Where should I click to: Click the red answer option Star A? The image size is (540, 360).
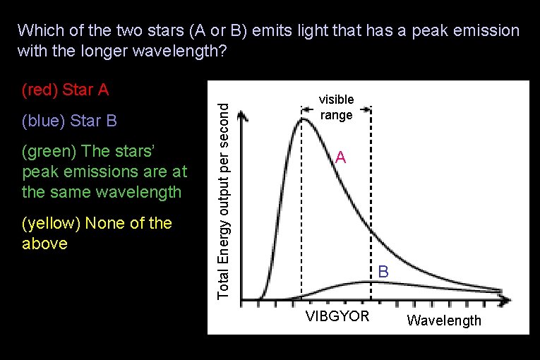tap(65, 90)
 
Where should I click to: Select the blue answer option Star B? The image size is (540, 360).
tap(69, 121)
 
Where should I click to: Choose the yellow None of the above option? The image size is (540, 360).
tap(97, 234)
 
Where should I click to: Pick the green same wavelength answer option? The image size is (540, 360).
tap(104, 172)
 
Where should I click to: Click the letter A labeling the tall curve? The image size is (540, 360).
tap(340, 158)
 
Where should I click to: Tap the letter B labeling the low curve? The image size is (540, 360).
tap(383, 271)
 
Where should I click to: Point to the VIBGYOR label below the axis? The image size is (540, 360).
tap(337, 316)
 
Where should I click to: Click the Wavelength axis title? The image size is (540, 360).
tap(444, 321)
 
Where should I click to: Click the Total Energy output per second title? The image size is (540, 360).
tap(223, 200)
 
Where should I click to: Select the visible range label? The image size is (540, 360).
tap(336, 107)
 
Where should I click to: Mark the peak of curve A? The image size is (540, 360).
tap(304, 119)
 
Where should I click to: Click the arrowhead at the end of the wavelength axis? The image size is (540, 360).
tap(505, 300)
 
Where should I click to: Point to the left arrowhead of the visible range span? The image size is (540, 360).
tap(304, 109)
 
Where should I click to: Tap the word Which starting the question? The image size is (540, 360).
tap(37, 31)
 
